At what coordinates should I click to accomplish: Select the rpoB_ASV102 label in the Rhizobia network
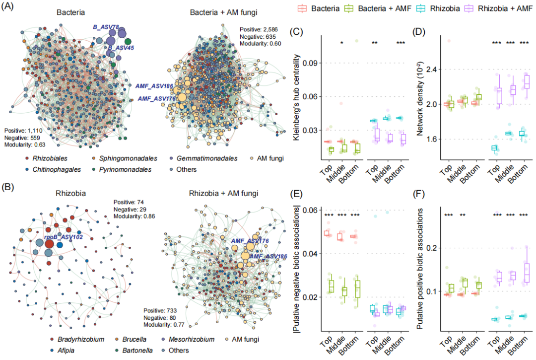tap(63, 238)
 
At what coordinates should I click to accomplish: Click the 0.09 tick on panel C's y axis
tap(310, 63)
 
